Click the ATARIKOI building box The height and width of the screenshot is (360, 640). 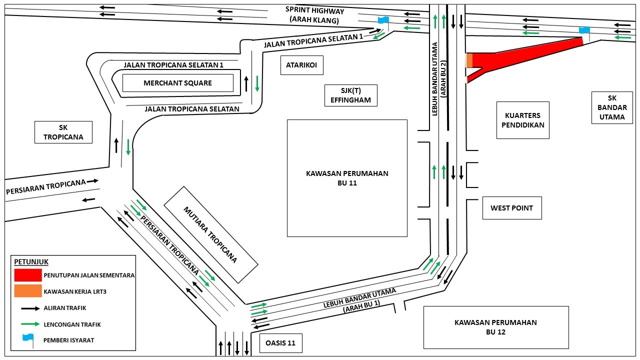(301, 65)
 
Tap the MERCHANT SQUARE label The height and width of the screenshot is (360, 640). (177, 83)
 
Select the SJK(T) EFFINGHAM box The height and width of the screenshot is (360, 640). (351, 95)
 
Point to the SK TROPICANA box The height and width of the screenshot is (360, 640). (63, 132)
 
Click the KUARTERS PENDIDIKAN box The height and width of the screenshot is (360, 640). (523, 120)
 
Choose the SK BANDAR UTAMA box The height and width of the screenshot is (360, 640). (612, 107)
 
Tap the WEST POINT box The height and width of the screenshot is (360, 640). (512, 208)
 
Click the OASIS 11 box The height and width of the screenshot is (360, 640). (281, 343)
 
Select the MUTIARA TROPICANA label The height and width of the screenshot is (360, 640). (210, 235)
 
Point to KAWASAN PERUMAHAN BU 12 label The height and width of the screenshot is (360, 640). (495, 327)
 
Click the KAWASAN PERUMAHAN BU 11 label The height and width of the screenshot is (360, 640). (347, 178)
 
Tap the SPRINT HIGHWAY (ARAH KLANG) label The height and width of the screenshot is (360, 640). (314, 15)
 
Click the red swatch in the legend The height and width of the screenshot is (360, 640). (28, 275)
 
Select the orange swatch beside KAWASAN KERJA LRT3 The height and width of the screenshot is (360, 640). (28, 291)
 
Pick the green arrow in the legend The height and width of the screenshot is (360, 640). (30, 324)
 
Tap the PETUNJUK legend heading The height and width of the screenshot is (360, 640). (31, 262)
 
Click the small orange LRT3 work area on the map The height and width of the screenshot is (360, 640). (469, 60)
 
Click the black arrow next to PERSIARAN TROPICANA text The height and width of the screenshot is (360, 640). (92, 181)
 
